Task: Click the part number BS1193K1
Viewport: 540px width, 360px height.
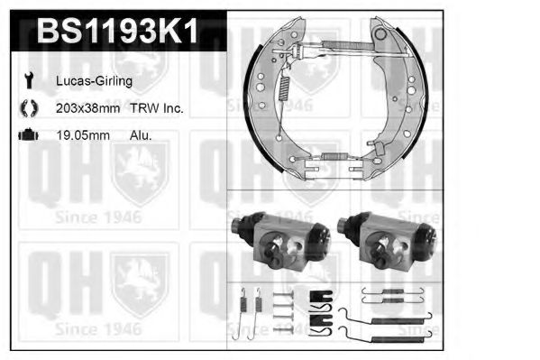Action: [118, 31]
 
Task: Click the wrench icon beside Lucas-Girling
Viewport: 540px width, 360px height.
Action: [29, 80]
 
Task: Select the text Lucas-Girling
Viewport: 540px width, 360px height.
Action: [94, 81]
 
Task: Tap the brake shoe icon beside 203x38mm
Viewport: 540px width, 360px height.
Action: [29, 108]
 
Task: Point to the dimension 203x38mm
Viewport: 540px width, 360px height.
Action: [87, 108]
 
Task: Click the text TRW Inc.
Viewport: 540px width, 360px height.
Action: [157, 108]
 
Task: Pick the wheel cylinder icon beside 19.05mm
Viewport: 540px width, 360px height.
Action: [28, 134]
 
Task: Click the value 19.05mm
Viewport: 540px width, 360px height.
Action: [83, 135]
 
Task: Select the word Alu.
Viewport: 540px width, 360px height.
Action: [141, 135]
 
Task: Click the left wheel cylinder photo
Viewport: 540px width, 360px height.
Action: [281, 240]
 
